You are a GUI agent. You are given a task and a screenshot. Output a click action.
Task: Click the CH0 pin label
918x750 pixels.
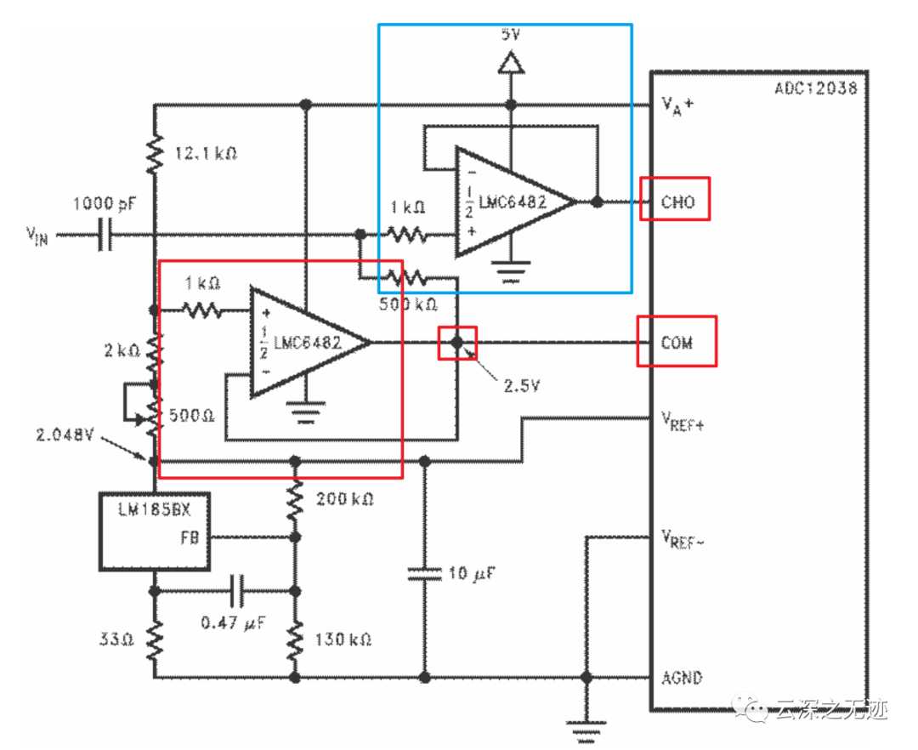click(x=677, y=202)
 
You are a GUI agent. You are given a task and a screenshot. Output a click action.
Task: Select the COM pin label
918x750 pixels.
click(x=677, y=342)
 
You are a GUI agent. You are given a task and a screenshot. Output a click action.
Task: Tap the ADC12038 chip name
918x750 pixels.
click(x=816, y=88)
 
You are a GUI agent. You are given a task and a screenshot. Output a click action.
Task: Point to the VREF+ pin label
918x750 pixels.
click(x=683, y=421)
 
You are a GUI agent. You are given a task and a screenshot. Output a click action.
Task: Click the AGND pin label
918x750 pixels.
click(x=682, y=678)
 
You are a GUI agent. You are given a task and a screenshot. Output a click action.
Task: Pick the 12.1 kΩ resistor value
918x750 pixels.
click(x=206, y=153)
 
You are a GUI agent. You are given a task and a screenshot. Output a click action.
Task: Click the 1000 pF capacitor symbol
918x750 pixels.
click(x=105, y=235)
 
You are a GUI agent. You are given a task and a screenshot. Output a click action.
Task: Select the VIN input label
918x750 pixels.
click(x=37, y=236)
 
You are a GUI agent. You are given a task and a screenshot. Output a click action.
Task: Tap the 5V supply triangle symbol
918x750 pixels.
click(x=511, y=62)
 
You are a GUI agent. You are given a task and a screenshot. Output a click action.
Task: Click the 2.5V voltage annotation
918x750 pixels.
click(x=522, y=385)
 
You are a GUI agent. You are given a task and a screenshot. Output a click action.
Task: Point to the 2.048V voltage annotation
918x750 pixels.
click(x=65, y=435)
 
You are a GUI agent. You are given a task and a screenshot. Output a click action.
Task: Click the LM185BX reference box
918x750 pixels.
click(x=155, y=531)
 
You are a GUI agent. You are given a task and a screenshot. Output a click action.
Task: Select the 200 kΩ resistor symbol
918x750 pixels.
click(x=295, y=500)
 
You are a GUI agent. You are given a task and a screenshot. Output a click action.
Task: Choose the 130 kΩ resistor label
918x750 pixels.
click(x=343, y=639)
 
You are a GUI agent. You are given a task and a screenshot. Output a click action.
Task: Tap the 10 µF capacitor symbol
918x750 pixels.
click(x=424, y=573)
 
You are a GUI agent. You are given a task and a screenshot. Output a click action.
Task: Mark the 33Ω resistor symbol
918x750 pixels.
click(x=155, y=640)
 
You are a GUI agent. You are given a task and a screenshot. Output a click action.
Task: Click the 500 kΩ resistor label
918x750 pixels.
click(x=408, y=304)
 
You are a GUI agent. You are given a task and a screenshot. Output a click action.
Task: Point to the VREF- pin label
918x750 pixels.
click(x=683, y=538)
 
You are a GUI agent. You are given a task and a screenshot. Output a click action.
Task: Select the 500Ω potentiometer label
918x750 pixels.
click(x=191, y=415)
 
